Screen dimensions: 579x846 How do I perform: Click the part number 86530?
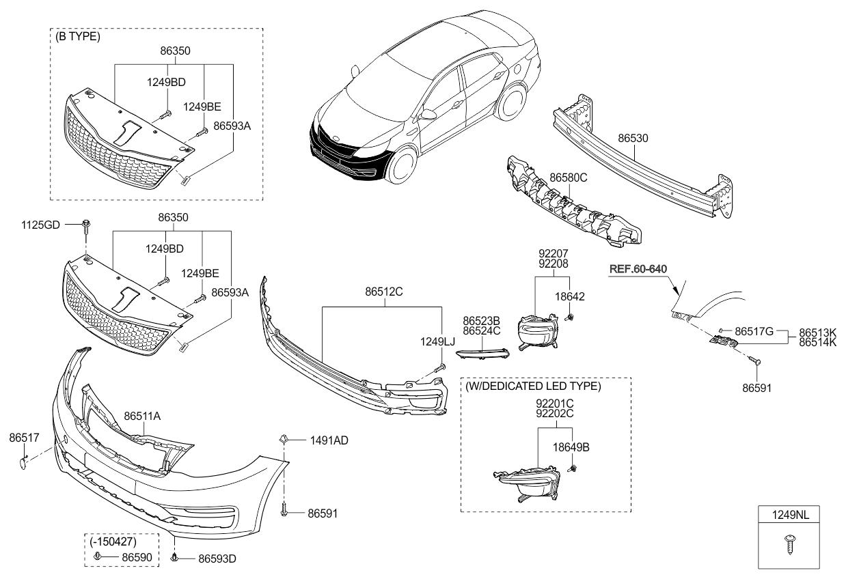[x=633, y=138]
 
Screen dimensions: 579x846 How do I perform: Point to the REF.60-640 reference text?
[x=638, y=269]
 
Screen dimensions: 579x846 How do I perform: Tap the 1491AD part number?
[x=329, y=440]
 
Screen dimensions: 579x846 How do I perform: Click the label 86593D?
[x=217, y=559]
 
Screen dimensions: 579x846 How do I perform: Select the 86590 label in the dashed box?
[x=137, y=558]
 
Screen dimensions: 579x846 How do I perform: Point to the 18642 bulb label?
[x=570, y=297]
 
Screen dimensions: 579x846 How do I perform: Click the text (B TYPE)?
[x=78, y=36]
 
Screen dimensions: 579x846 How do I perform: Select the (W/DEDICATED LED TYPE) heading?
[x=533, y=386]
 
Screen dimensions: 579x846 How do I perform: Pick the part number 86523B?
[x=481, y=321]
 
